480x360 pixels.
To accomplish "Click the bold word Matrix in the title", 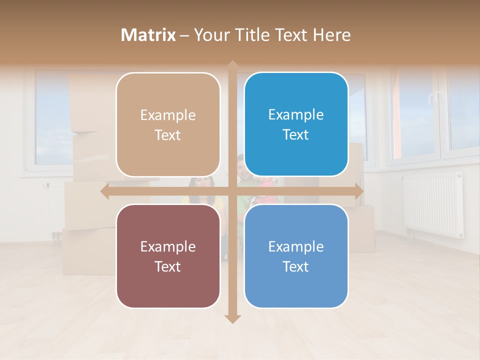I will (148, 35).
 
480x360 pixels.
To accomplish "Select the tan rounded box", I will (168, 124).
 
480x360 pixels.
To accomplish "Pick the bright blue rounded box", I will (296, 124).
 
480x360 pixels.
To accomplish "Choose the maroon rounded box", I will (168, 256).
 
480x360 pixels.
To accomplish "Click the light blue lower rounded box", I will (296, 256).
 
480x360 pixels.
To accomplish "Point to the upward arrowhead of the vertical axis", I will (232, 64).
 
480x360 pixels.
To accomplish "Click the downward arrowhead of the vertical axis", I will (232, 319).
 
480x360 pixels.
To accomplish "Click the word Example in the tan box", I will (168, 115).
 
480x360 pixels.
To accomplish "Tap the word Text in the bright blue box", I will (296, 135).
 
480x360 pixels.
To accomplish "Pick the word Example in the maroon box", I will (168, 247).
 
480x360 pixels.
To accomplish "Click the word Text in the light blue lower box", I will (296, 267).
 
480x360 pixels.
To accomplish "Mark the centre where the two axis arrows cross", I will (232, 191).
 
